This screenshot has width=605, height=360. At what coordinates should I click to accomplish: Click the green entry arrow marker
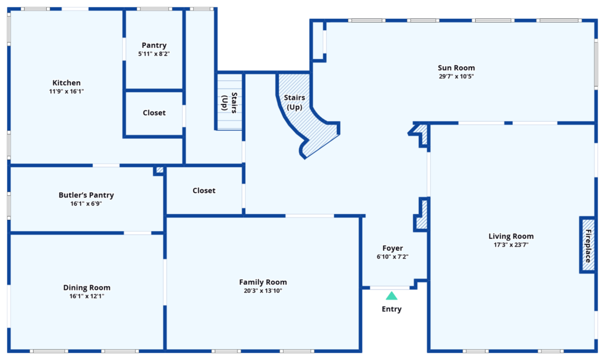(x=392, y=296)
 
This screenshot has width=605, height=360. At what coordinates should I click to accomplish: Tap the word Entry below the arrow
(x=392, y=309)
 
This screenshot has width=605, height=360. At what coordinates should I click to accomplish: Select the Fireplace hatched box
(x=587, y=245)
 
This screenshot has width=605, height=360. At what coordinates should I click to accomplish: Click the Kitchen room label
(x=66, y=83)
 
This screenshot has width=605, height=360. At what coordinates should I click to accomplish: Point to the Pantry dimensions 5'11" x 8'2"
(x=154, y=54)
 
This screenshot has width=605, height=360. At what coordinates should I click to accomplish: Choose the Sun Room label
(x=456, y=68)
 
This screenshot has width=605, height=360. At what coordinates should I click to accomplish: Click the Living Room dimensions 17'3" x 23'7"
(x=511, y=245)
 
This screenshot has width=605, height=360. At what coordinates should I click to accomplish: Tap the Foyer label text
(x=392, y=248)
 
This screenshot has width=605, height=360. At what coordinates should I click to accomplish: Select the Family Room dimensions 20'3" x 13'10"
(x=263, y=291)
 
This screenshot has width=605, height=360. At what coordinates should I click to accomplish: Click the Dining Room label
(x=87, y=287)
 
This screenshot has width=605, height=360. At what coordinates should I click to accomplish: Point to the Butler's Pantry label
(x=86, y=195)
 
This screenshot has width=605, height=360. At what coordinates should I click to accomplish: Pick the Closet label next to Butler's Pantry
(x=204, y=190)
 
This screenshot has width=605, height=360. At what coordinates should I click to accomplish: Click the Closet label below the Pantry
(x=154, y=113)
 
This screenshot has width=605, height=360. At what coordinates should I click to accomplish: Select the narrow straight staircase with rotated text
(x=229, y=102)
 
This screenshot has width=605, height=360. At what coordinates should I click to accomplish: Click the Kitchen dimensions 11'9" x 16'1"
(x=66, y=92)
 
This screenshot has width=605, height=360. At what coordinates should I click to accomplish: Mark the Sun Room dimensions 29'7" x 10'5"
(x=456, y=76)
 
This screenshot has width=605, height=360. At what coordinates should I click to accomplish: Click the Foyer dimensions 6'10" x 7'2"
(x=392, y=257)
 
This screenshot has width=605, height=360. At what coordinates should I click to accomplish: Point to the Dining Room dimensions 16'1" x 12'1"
(x=87, y=296)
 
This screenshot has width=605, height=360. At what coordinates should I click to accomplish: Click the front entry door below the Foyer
(x=390, y=288)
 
